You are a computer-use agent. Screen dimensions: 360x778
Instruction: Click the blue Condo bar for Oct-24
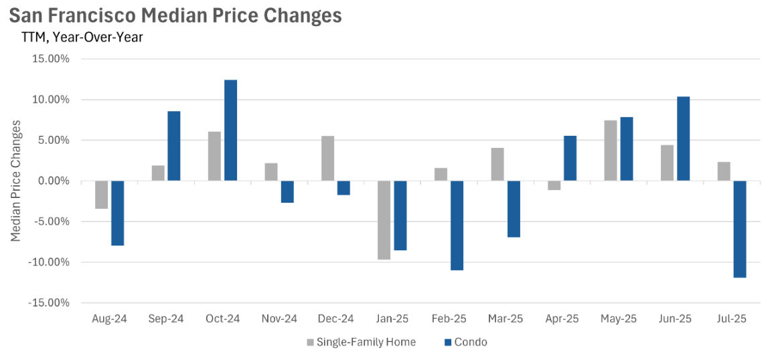pyautogui.click(x=230, y=130)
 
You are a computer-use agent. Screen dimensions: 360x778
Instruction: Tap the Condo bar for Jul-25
pyautogui.click(x=740, y=229)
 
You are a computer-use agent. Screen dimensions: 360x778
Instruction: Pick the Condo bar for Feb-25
pyautogui.click(x=457, y=226)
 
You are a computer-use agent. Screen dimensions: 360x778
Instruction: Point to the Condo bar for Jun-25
pyautogui.click(x=683, y=139)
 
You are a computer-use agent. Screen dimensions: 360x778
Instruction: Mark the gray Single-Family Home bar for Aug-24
pyautogui.click(x=101, y=195)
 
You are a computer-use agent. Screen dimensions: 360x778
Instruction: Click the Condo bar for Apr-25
pyautogui.click(x=570, y=158)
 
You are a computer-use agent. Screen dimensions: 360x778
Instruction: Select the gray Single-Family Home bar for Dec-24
pyautogui.click(x=327, y=158)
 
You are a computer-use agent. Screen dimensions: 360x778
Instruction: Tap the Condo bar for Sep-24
pyautogui.click(x=174, y=146)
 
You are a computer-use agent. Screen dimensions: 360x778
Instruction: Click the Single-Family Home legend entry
pyautogui.click(x=362, y=343)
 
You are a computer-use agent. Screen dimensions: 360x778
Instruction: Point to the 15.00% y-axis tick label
pyautogui.click(x=51, y=59)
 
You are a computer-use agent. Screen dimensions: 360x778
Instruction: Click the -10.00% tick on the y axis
pyautogui.click(x=50, y=262)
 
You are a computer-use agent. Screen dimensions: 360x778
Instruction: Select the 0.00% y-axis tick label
pyautogui.click(x=54, y=181)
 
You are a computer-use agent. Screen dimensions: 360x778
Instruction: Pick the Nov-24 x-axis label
pyautogui.click(x=279, y=320)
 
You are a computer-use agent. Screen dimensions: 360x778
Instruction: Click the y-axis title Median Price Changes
pyautogui.click(x=17, y=181)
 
